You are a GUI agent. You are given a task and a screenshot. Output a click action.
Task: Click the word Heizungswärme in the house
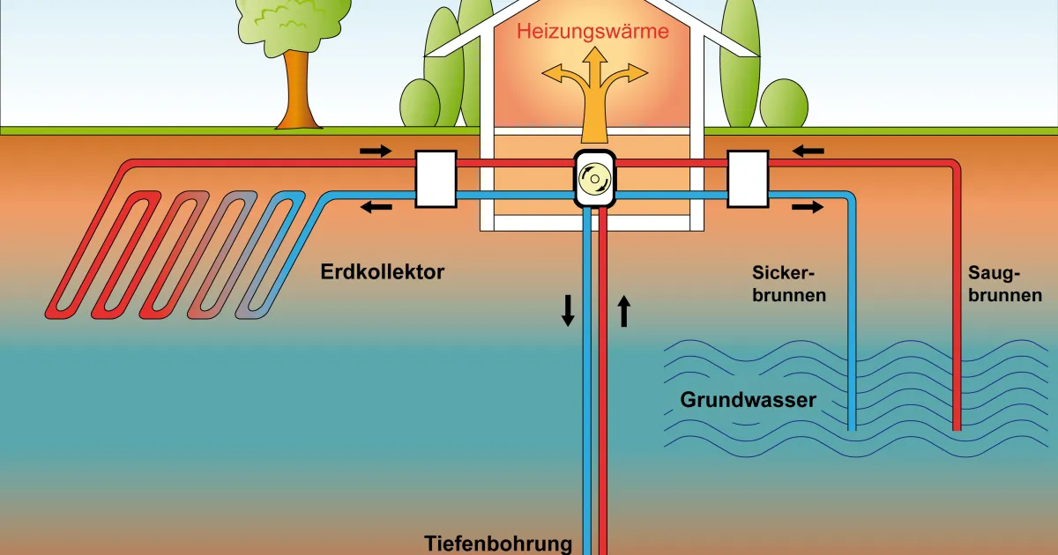click(592, 32)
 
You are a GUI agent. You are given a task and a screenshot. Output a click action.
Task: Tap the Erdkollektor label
click(383, 271)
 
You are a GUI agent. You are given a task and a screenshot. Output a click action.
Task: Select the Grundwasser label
click(748, 400)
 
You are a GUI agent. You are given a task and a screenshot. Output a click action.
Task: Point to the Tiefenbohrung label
click(498, 543)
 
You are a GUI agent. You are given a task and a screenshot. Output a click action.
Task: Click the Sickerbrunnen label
click(789, 283)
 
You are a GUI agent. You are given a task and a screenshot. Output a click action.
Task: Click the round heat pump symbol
click(593, 179)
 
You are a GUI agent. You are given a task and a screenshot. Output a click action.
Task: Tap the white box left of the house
click(436, 179)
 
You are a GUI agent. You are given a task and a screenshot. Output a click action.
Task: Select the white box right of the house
click(748, 179)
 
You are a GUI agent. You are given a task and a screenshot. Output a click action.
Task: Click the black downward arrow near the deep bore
click(568, 310)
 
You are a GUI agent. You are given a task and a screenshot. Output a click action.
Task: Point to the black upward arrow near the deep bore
click(624, 311)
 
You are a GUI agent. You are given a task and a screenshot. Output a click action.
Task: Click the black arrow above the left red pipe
click(375, 151)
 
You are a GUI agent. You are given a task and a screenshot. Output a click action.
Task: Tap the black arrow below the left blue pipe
click(376, 208)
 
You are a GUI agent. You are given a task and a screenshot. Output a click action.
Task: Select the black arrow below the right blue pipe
click(808, 208)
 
